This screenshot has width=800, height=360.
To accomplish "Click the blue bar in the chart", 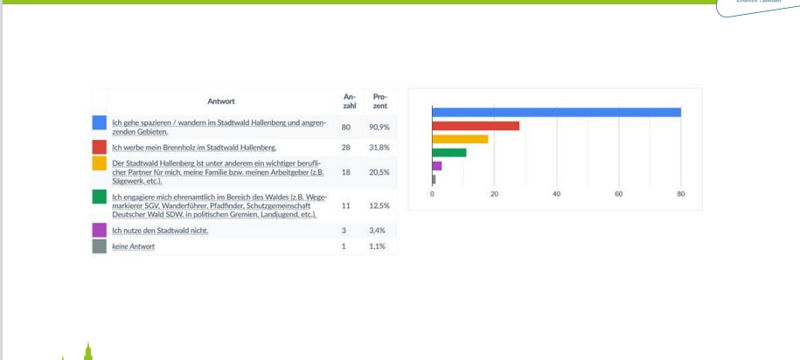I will click(x=556, y=112).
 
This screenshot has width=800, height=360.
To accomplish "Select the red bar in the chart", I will click(x=476, y=126).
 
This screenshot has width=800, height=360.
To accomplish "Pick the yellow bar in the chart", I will click(x=460, y=139).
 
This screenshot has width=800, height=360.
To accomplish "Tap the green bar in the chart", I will click(x=449, y=152).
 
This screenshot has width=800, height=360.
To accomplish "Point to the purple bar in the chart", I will click(x=437, y=165).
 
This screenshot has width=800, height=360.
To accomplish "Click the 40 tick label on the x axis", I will click(x=557, y=194).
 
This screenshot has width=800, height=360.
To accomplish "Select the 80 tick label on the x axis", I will click(x=681, y=194).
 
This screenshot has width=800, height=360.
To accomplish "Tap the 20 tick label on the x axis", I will click(x=495, y=194).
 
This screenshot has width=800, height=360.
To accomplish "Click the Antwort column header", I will click(x=221, y=100).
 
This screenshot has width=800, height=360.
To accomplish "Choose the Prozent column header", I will click(x=379, y=100).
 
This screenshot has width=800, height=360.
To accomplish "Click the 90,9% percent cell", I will click(x=379, y=128).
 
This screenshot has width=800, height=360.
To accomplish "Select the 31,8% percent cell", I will click(x=379, y=147).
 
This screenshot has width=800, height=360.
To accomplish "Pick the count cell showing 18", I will click(x=346, y=172).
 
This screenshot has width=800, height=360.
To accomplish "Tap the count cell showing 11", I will click(x=346, y=204).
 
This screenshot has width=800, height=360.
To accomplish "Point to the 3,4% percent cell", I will click(x=379, y=231).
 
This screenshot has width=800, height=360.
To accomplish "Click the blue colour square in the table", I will click(x=100, y=123).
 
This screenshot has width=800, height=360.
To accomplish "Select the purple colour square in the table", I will click(x=100, y=231).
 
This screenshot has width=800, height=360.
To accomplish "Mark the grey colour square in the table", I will click(x=100, y=246).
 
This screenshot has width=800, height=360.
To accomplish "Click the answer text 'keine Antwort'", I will click(x=134, y=246).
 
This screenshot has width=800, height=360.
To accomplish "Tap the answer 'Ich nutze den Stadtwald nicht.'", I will click(x=160, y=231).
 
